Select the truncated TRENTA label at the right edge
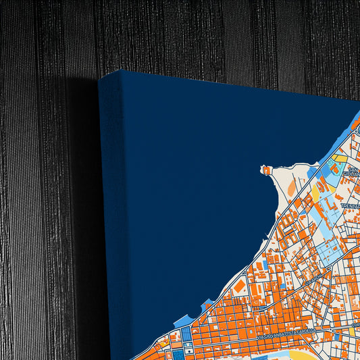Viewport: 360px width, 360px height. pyautogui.click(x=351, y=205)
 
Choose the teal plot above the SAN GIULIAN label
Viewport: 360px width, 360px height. pyautogui.click(x=333, y=165)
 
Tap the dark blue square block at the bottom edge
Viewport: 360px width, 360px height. pyautogui.click(x=178, y=353)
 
